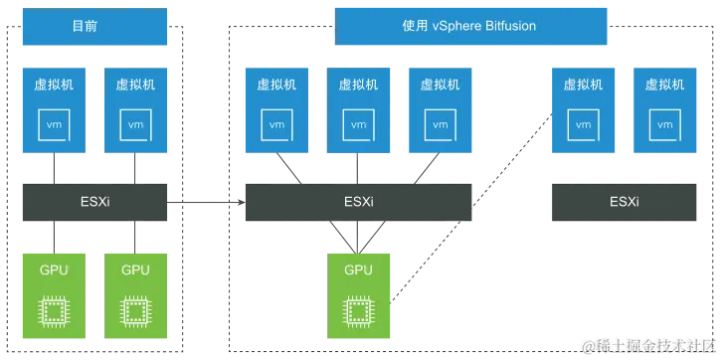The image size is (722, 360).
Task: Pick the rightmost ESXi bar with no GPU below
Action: click(x=625, y=202)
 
